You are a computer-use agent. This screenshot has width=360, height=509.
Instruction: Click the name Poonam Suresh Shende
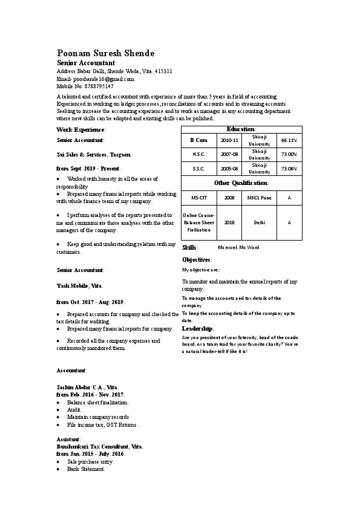point(105,53)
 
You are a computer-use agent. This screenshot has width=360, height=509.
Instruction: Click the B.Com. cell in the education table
point(199,140)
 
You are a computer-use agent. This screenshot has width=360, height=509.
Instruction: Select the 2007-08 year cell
point(229,154)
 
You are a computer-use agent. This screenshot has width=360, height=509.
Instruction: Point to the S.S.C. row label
point(199,169)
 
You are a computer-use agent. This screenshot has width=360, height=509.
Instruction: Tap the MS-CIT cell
point(199,198)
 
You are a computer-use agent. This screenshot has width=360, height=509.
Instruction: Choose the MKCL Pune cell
point(260,198)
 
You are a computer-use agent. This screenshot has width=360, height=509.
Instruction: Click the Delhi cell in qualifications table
point(260,222)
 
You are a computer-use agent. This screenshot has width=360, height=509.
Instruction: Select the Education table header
point(241,129)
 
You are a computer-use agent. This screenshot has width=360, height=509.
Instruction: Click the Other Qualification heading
point(241,183)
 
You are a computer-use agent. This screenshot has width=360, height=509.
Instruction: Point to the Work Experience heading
point(81,130)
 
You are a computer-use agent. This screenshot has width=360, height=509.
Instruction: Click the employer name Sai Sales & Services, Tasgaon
point(94,155)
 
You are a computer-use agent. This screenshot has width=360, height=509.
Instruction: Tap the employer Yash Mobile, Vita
point(80,285)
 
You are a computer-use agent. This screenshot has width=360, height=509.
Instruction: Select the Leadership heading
point(198,328)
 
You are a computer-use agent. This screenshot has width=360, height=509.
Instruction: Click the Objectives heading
point(197,259)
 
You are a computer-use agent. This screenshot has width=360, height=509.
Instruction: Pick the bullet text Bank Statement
point(86,469)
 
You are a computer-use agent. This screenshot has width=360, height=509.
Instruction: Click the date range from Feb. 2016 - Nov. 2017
point(91,394)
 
